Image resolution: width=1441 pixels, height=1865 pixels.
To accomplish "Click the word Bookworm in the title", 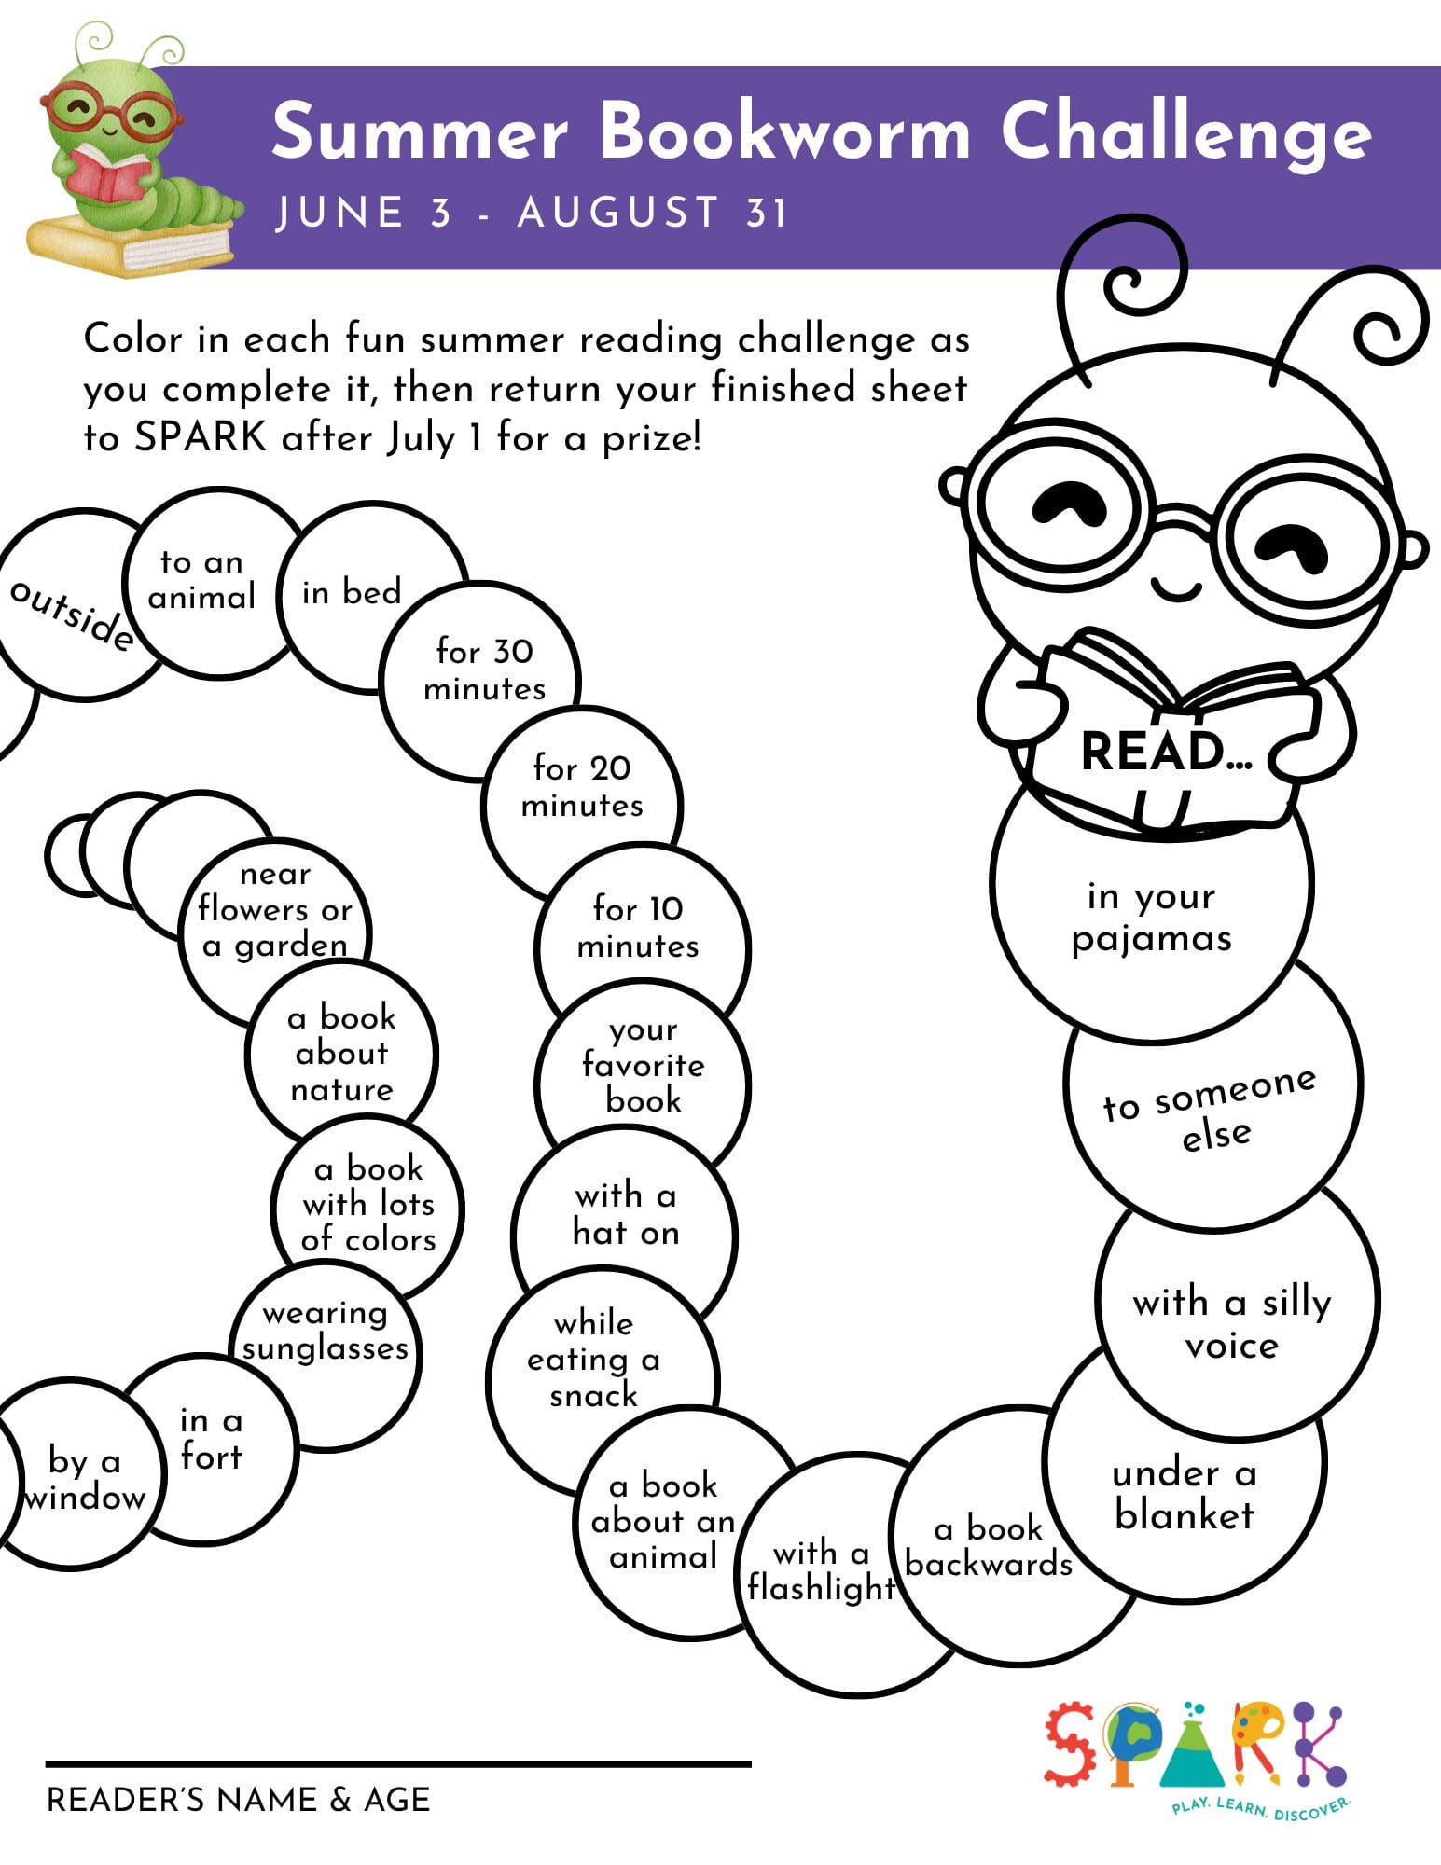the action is tap(784, 131).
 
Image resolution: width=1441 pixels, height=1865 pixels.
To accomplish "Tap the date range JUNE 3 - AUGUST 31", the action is tap(532, 213).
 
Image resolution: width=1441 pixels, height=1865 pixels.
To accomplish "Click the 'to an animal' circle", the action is tap(203, 580).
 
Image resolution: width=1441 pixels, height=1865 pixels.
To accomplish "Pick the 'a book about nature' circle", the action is tap(342, 1054).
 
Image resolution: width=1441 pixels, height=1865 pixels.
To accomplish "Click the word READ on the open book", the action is tap(1153, 752).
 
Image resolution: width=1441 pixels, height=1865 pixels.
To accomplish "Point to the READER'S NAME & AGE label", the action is tap(239, 1800).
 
